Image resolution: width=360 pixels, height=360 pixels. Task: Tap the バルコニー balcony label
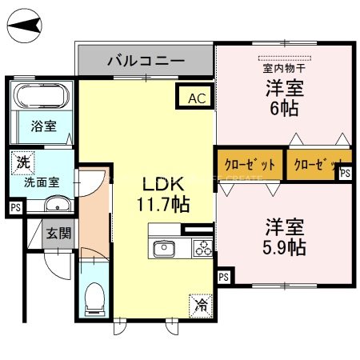(146, 60)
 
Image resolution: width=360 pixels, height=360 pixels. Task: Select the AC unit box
(196, 98)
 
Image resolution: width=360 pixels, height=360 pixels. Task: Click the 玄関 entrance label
(57, 234)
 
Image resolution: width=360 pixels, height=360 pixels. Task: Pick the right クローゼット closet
(314, 164)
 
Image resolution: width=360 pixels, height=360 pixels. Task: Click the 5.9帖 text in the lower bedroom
(284, 248)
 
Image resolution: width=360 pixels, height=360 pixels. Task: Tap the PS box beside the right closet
(346, 173)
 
